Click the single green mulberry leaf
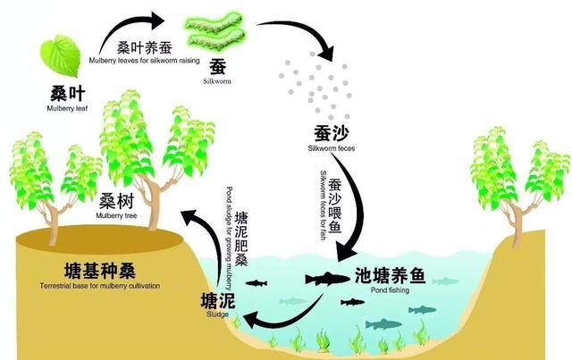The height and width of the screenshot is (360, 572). [x=60, y=55]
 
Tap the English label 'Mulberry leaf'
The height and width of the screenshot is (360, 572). [x=68, y=108]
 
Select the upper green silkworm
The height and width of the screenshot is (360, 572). [x=214, y=22]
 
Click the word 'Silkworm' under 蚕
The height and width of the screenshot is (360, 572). [x=217, y=81]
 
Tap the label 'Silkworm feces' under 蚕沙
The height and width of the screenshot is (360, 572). [x=332, y=148]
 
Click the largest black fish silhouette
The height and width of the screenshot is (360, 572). [x=327, y=279]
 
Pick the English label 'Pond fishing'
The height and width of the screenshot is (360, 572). [x=390, y=290]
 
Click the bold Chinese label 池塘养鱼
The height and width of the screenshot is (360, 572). [x=391, y=275]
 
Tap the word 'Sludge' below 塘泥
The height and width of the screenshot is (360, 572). [x=218, y=314]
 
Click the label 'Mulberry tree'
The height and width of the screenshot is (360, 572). [x=116, y=215]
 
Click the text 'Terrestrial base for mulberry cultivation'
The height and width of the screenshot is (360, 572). [x=100, y=286]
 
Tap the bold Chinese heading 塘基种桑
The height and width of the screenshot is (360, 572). [x=100, y=271]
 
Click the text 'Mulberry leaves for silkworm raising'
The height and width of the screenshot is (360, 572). [x=145, y=60]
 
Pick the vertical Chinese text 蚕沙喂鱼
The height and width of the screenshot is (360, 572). [x=335, y=205]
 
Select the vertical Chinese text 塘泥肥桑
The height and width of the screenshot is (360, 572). [x=241, y=239]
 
